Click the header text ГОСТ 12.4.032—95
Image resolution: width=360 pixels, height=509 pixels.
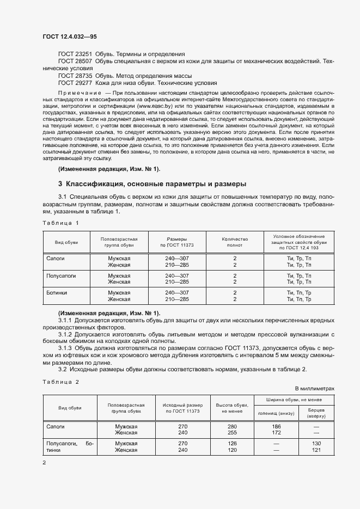(70, 36)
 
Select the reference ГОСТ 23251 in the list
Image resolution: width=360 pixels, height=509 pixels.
(75, 54)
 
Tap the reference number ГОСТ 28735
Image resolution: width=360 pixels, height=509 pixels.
(75, 76)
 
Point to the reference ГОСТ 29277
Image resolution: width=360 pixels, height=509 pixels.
(75, 83)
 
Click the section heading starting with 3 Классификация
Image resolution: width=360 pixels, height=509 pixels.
(152, 183)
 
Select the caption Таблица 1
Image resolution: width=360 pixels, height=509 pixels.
(60, 223)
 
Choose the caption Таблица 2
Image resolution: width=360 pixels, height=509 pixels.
(60, 382)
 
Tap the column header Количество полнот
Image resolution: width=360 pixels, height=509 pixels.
(235, 242)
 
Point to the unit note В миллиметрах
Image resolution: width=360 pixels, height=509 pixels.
(314, 388)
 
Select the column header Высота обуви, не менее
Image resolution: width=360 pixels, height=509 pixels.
(232, 408)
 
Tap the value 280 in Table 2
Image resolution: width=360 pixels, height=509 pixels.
(232, 426)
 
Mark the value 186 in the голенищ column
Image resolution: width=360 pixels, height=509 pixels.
(276, 426)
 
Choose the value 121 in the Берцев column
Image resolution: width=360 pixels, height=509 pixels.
(316, 450)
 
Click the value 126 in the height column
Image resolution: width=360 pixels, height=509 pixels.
(232, 444)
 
